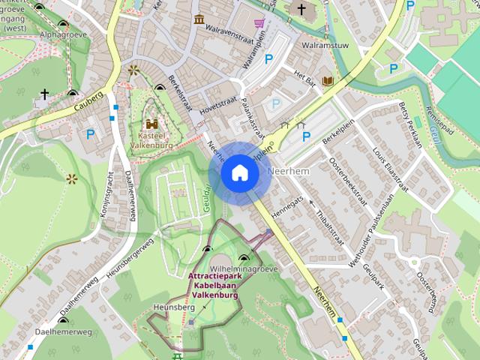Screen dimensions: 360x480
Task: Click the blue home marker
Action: coord(239,173)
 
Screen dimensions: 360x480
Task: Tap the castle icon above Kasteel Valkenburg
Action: coord(152,124)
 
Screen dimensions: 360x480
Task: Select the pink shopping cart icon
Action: coord(259,23)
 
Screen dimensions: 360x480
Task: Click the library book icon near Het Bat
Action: coord(327,80)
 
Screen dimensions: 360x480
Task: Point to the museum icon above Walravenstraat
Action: coord(199,19)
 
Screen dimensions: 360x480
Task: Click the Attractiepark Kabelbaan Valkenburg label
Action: coord(214,286)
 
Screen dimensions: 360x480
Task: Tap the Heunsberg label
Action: coord(169,307)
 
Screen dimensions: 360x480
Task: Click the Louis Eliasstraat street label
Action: coord(389,166)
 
